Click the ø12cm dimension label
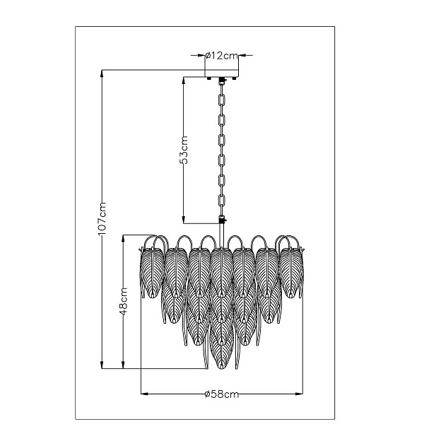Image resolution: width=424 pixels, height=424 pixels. click(221, 56)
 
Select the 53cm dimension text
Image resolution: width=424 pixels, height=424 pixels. click(184, 150)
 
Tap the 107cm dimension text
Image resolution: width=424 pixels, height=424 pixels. click(102, 218)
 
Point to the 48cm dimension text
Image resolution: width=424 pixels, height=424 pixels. click(123, 302)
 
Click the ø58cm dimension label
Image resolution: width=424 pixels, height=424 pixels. click(222, 394)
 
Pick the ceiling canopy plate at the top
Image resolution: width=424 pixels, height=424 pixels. click(222, 73)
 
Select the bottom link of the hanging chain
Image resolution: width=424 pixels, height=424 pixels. click(222, 201)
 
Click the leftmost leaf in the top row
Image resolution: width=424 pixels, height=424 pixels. click(152, 273)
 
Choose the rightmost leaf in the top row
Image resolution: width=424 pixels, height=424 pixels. click(291, 273)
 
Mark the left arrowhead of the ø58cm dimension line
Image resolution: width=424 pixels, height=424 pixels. click(144, 394)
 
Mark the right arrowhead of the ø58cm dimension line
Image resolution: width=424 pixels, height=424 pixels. click(300, 394)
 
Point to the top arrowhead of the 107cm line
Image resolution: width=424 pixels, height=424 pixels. click(102, 73)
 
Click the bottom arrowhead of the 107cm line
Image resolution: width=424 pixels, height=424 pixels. click(102, 365)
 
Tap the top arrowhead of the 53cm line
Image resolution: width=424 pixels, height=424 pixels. click(184, 81)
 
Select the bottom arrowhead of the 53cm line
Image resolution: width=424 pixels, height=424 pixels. click(184, 220)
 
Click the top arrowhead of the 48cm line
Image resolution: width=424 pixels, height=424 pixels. click(123, 239)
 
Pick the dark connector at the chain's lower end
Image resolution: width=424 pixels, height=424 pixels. click(222, 219)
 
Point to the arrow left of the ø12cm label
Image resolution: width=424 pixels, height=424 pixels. click(198, 55)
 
